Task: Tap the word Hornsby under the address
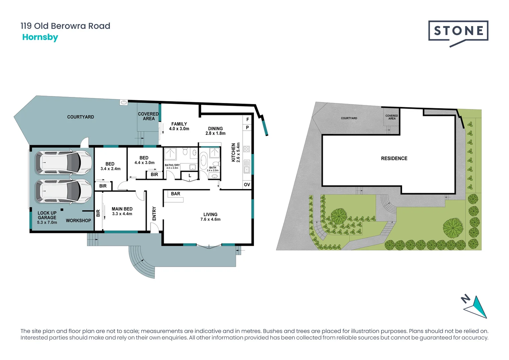coord(40,37)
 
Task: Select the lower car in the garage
coord(63,191)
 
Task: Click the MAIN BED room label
coord(122,211)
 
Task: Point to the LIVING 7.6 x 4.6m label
coord(210,217)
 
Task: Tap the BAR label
coord(176,194)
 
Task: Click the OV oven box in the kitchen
coord(247,185)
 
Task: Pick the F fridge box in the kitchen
coord(248,119)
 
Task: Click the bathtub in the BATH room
coord(203,160)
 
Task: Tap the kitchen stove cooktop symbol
coord(247,149)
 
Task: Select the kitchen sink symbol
coord(247,166)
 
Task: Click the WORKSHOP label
coord(78,220)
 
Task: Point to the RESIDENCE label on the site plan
coord(394,158)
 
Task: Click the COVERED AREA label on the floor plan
coord(148,116)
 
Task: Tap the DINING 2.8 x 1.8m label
coord(215,131)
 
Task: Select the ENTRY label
coord(154,214)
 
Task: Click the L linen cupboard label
coord(190,175)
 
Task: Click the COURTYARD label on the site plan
coord(349,118)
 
